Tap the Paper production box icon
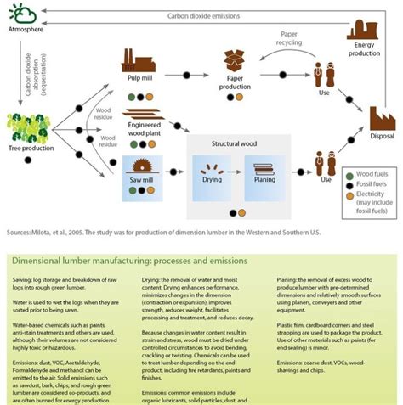236,60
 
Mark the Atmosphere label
25,29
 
